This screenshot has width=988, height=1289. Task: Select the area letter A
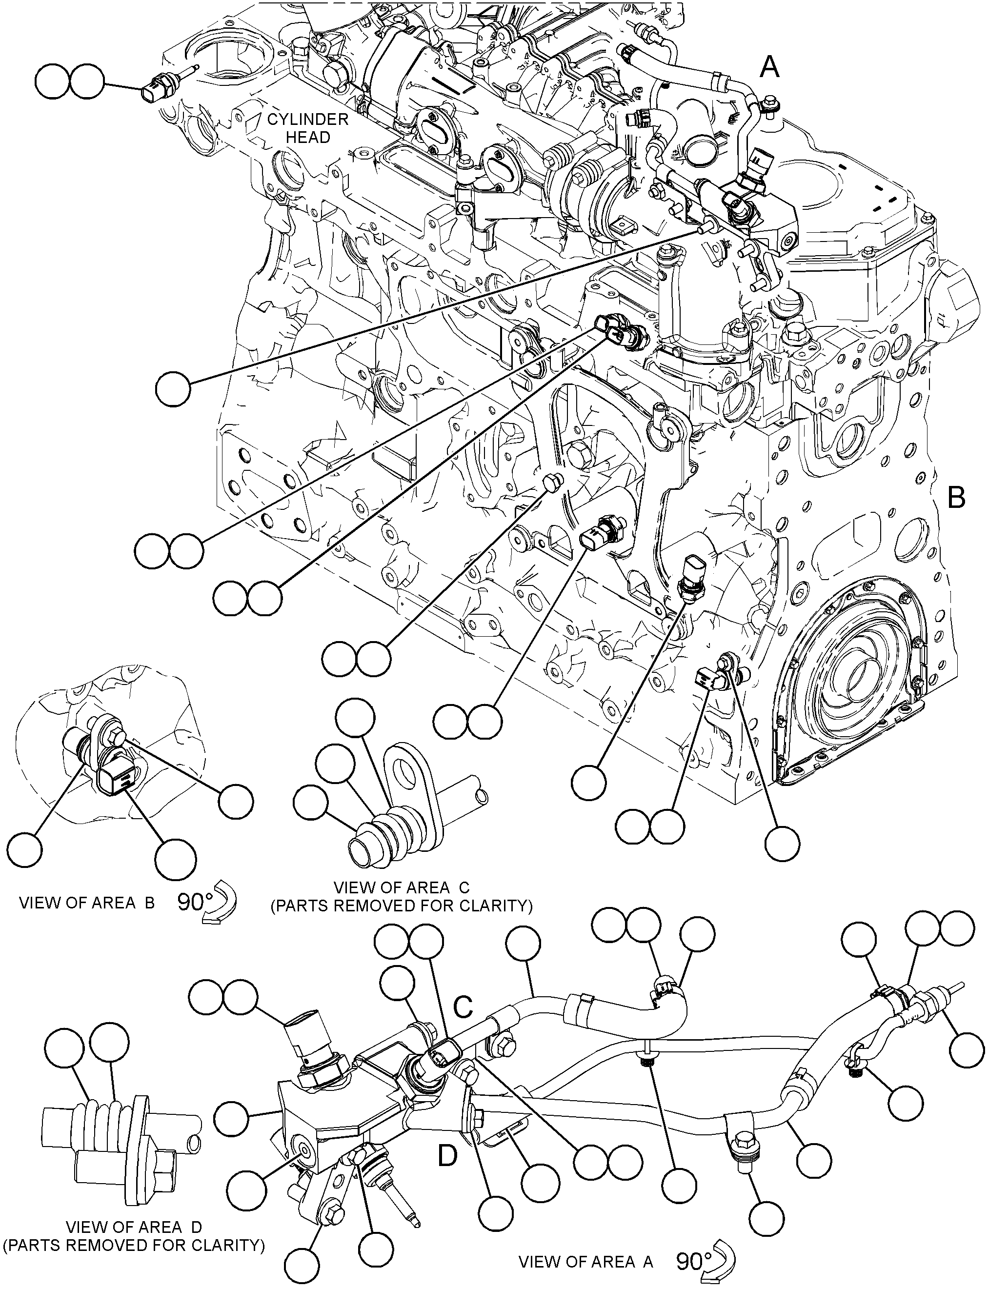770,68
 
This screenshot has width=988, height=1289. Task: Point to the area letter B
957,498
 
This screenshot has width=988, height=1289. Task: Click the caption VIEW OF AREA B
87,903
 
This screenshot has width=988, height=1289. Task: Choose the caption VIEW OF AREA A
586,1262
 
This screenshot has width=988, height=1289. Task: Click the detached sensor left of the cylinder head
169,84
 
